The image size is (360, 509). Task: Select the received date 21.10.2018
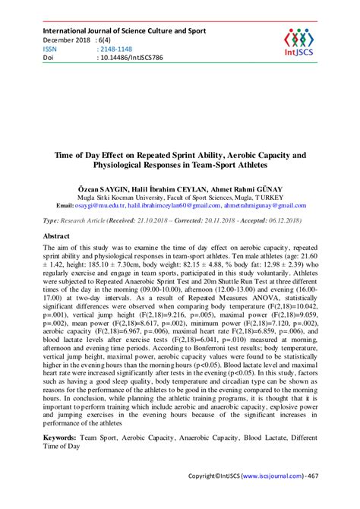148,220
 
